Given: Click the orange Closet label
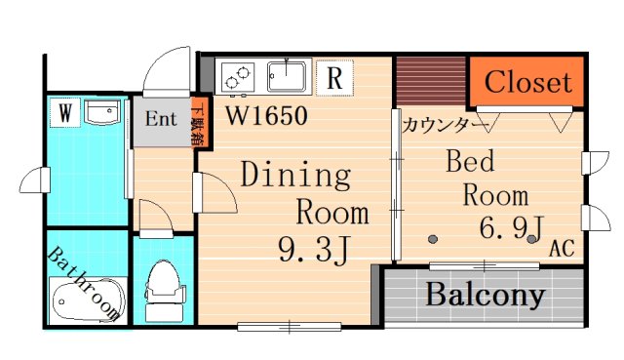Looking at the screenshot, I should (x=527, y=82).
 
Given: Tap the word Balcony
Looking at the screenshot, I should (x=484, y=294).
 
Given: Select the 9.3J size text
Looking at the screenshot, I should (x=313, y=250).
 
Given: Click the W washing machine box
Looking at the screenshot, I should (x=63, y=113).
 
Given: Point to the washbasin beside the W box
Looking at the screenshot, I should (x=100, y=113).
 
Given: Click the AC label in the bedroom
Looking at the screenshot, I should (x=561, y=249).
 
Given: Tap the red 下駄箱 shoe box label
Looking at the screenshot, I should (x=198, y=123).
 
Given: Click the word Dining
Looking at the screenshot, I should (x=294, y=177).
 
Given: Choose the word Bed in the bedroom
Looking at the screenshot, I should (x=471, y=160).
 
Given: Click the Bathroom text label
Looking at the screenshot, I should (x=85, y=286).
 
